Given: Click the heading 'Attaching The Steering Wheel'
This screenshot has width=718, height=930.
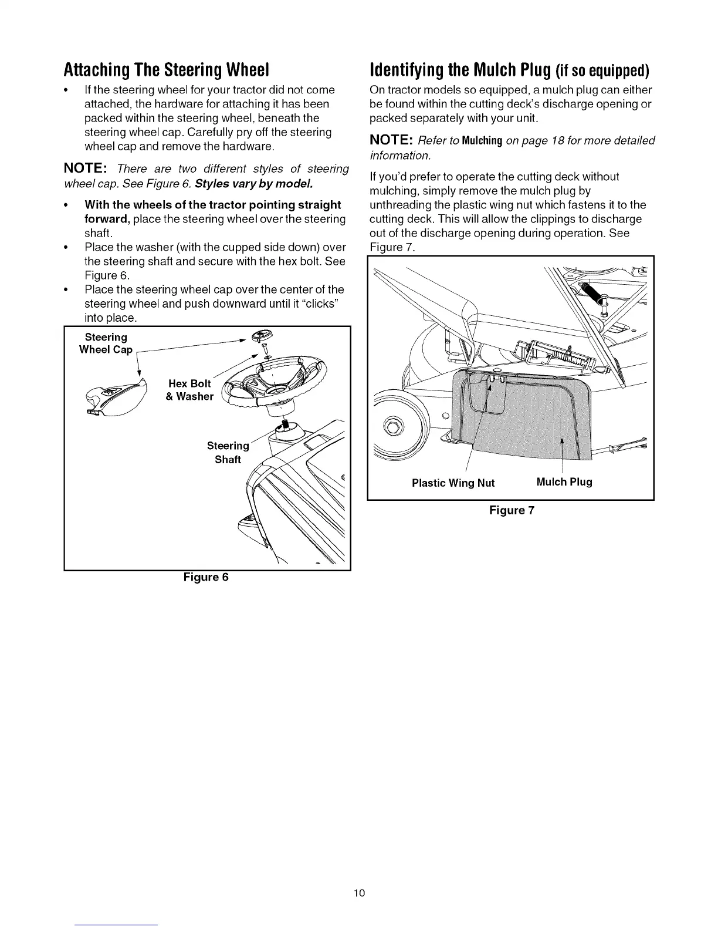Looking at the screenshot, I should pyautogui.click(x=166, y=70).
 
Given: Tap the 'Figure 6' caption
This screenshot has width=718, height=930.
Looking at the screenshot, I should pyautogui.click(x=205, y=577).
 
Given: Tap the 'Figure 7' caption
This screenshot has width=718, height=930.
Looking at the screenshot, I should pyautogui.click(x=512, y=510).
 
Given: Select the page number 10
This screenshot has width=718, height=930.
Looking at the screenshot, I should pyautogui.click(x=359, y=893).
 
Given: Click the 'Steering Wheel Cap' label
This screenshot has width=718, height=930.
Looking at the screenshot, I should pyautogui.click(x=106, y=343).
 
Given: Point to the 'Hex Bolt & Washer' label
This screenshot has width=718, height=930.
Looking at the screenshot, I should pyautogui.click(x=190, y=390).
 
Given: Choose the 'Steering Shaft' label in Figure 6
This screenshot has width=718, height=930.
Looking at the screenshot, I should pyautogui.click(x=228, y=453).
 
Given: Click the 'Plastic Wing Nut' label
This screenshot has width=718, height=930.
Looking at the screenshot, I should pyautogui.click(x=453, y=483).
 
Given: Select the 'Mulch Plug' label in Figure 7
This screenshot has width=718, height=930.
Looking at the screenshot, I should pyautogui.click(x=564, y=482).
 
